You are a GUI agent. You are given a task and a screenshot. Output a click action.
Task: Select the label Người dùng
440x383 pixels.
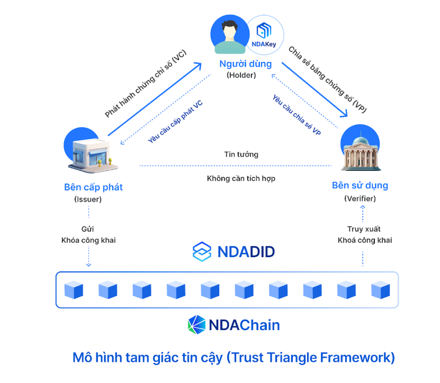coord(246,64)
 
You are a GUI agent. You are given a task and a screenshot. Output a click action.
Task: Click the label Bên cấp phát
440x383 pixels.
coord(93,187)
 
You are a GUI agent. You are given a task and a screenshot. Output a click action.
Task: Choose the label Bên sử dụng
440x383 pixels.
coord(360,185)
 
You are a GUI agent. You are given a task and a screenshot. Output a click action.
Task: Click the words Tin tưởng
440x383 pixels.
coord(241,154)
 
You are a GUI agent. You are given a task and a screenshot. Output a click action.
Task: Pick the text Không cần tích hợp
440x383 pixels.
coord(241,178)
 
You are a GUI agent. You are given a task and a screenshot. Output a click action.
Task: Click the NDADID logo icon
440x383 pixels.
coord(202,251)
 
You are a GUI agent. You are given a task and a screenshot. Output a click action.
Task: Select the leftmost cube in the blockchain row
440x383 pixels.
coord(74,290)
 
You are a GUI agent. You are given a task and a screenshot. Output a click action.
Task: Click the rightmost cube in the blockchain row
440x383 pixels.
coord(380,290)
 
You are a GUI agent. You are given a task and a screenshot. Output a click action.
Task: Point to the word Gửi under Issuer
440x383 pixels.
coord(88,229)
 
